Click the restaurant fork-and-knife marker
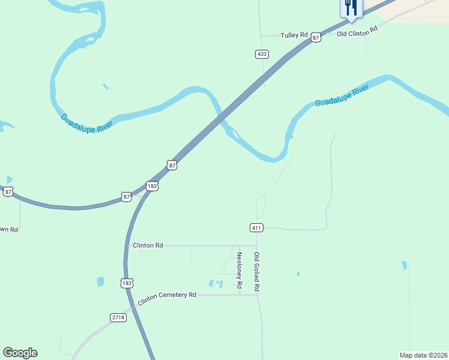pyautogui.click(x=351, y=8)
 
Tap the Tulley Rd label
pyautogui.click(x=294, y=35)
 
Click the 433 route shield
pyautogui.click(x=261, y=54)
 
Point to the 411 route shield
pyautogui.click(x=256, y=227)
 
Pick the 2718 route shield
pyautogui.click(x=118, y=317)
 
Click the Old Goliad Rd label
pyautogui.click(x=256, y=272)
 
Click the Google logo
pyautogui.click(x=20, y=353)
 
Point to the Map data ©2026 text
pyautogui.click(x=423, y=355)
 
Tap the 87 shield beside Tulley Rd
pyautogui.click(x=316, y=38)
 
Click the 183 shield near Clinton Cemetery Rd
pyautogui.click(x=126, y=283)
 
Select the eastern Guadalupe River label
pyautogui.click(x=342, y=96)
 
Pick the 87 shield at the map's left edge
pyautogui.click(x=7, y=191)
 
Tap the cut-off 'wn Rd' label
pyautogui.click(x=9, y=230)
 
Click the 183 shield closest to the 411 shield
pyautogui.click(x=152, y=187)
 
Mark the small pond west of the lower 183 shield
pyautogui.click(x=100, y=281)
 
